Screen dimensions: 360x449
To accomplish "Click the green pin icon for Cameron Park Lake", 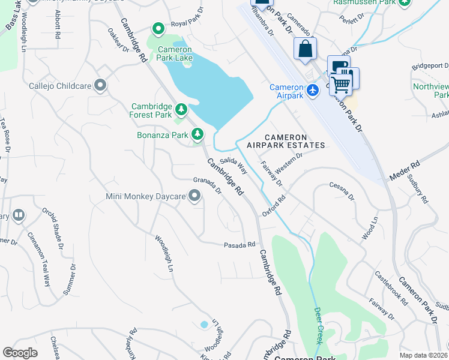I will coord(158,28).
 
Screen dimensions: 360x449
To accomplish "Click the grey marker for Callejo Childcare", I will coord(100,86).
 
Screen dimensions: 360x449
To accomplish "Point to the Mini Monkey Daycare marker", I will coord(194,196).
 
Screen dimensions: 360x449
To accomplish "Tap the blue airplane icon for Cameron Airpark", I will coord(312,90).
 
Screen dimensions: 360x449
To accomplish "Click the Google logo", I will coord(20,353).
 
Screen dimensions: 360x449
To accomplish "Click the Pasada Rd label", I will coord(240,245).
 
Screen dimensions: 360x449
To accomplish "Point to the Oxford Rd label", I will coord(273,205).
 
